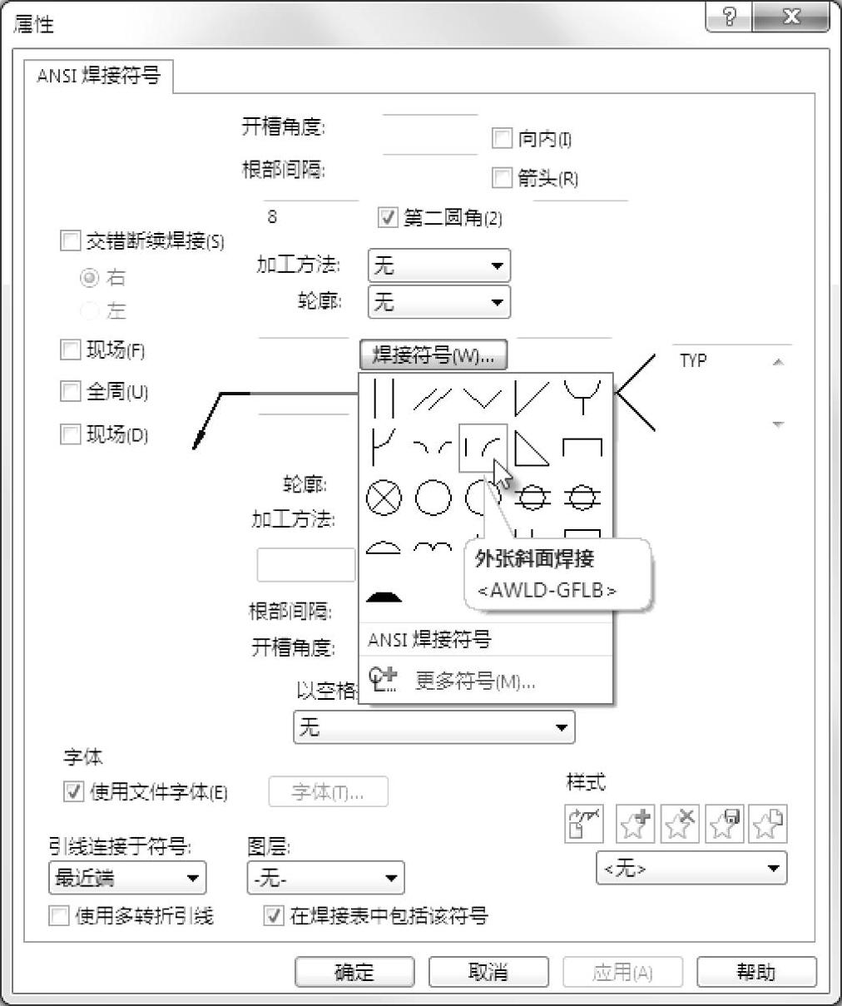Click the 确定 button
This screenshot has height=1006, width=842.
click(354, 972)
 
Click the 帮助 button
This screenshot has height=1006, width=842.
click(755, 972)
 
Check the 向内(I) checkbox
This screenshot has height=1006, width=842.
click(502, 138)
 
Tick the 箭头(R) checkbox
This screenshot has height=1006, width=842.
click(502, 177)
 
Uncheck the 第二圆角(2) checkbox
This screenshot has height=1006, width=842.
click(388, 218)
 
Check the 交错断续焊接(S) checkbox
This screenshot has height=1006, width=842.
click(71, 241)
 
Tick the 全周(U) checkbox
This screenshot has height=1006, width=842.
click(71, 391)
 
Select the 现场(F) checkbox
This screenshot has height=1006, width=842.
click(71, 349)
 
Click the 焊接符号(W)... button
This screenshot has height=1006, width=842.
click(433, 356)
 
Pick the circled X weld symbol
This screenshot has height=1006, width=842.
click(384, 498)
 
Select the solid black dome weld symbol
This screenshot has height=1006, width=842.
click(384, 596)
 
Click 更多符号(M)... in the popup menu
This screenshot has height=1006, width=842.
click(474, 681)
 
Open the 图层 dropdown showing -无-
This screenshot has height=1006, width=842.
click(325, 878)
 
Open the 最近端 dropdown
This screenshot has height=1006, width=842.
click(126, 878)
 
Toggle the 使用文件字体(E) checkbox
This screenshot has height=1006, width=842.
click(74, 791)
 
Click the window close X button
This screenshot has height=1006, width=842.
click(791, 17)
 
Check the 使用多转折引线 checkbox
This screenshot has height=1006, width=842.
click(59, 916)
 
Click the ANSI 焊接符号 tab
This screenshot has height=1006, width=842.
click(98, 77)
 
